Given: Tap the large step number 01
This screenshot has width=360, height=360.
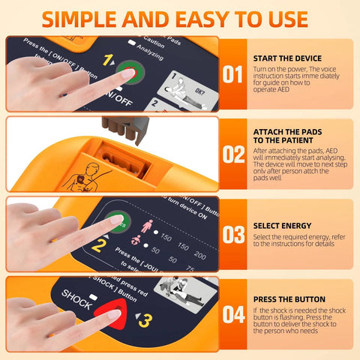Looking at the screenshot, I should tap(234, 74).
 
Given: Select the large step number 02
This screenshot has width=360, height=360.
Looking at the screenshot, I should tap(234, 154).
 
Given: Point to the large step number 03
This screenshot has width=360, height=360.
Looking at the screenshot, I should tap(234, 235).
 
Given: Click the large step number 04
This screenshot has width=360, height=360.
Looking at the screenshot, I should tap(234, 314).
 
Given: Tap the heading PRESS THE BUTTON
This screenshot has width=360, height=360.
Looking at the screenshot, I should tap(289, 298).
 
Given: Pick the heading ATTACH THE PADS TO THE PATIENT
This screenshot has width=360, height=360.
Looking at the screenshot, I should tap(288, 136).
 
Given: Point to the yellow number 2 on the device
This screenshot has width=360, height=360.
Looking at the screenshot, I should tap(97, 244).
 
